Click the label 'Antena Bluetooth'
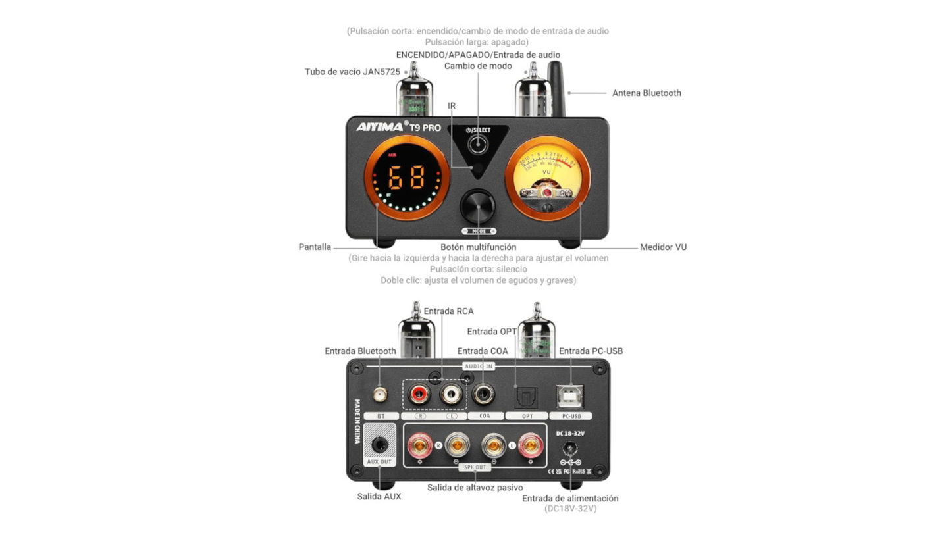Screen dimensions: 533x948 (x=646, y=93)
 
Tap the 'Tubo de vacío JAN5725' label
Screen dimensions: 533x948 (x=352, y=72)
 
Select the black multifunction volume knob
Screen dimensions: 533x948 (x=478, y=208)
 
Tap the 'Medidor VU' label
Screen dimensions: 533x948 (x=663, y=247)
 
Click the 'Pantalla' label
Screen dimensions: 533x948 (x=315, y=247)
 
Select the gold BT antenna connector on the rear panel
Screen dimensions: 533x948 (x=380, y=395)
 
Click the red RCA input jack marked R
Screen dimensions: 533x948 (x=417, y=395)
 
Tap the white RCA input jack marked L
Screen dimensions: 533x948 (x=452, y=395)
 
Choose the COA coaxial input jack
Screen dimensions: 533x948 (x=486, y=395)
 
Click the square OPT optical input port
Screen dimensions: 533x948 (x=527, y=395)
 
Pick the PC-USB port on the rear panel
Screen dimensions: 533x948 (x=569, y=395)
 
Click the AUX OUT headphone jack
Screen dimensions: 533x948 (x=380, y=445)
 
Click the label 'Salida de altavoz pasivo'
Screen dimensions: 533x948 (x=475, y=488)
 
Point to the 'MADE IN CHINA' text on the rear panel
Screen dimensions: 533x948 (x=357, y=420)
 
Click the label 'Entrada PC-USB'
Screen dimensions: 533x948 (x=591, y=351)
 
